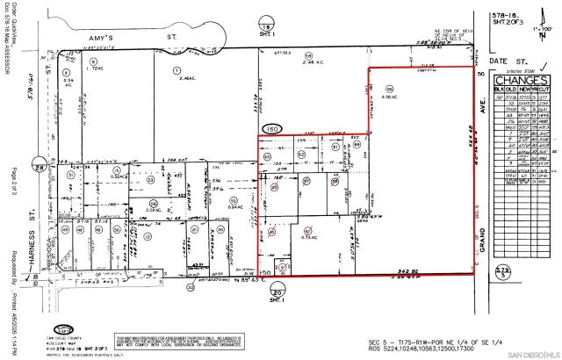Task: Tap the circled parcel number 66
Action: click(x=389, y=89)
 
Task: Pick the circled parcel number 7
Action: click(x=177, y=69)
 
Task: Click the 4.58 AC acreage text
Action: click(x=390, y=97)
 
